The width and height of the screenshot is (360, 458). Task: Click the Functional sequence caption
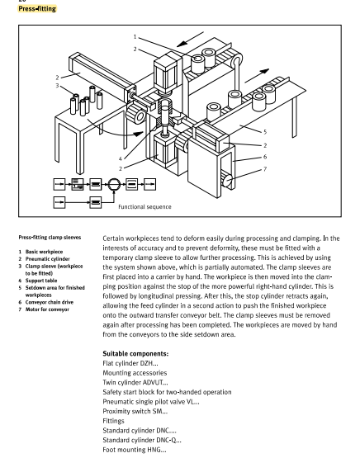point(145,206)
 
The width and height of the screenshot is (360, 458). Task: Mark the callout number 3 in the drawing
point(57,86)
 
